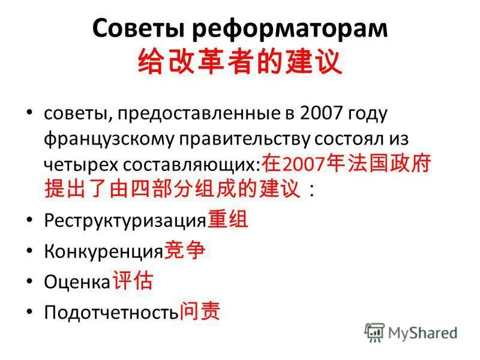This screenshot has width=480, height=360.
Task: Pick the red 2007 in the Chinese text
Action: click(x=303, y=165)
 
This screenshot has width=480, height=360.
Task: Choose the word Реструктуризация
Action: click(x=125, y=220)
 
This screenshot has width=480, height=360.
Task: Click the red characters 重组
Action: click(x=228, y=220)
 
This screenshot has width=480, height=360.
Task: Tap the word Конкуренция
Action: click(x=103, y=251)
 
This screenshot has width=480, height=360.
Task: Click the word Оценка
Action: click(x=77, y=282)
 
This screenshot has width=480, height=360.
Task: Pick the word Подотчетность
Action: click(x=111, y=313)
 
